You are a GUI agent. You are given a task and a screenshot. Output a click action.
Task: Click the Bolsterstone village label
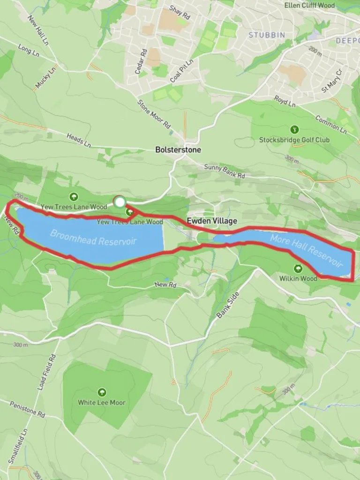[x=178, y=150]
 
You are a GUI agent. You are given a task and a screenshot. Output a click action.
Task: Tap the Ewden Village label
[x=212, y=221]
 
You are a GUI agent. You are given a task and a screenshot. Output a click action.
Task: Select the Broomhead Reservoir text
[x=93, y=237]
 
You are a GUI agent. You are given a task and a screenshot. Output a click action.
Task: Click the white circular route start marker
[x=120, y=202]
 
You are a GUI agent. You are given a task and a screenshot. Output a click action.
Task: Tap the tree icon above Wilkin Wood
[x=298, y=269]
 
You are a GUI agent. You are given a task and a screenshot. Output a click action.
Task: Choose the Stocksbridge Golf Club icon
[x=294, y=129]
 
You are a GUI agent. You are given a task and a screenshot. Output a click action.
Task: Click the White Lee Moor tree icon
[x=101, y=392]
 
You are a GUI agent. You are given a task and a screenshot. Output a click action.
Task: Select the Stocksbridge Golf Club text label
[x=294, y=140]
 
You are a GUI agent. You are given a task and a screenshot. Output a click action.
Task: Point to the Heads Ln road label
[x=78, y=140]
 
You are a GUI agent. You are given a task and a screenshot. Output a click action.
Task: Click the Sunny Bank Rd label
[x=225, y=171]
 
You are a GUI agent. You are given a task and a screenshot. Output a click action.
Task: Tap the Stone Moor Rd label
[x=154, y=114]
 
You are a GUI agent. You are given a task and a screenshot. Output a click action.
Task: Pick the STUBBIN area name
[x=267, y=35]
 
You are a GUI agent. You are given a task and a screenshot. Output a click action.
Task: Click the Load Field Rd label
[x=47, y=372]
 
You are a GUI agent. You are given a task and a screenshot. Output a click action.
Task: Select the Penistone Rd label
[x=27, y=409]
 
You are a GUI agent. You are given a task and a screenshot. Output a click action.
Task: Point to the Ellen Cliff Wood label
[x=309, y=6]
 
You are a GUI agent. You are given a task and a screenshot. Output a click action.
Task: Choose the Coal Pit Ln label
[x=182, y=71]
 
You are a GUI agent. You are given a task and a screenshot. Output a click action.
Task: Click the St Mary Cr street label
[x=332, y=81]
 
